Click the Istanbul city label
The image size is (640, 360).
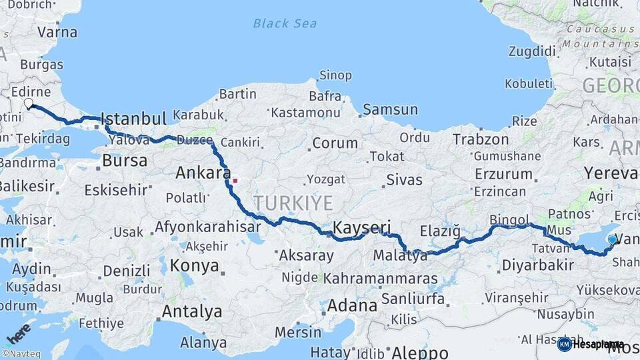[133, 119]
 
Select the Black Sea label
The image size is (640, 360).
[285, 24]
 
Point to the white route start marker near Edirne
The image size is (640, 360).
[29, 103]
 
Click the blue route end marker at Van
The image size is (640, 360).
[612, 239]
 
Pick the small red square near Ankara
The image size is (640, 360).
[235, 179]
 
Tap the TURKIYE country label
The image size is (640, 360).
[291, 203]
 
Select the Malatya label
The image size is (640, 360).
[400, 255]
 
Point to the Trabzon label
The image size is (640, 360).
[481, 139]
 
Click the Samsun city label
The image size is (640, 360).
[390, 109]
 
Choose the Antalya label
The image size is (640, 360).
[192, 311]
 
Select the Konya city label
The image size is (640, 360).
[194, 265]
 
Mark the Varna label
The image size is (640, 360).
[57, 32]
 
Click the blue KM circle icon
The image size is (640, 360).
[564, 344]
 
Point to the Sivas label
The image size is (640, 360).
[404, 179]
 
